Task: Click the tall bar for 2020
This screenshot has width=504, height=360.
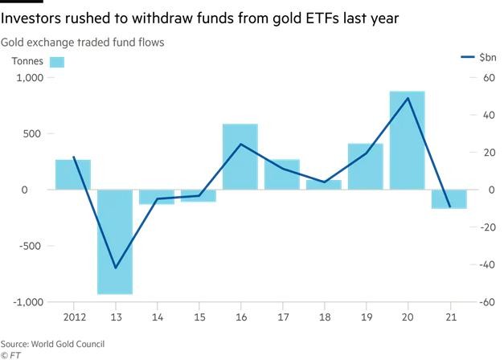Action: pos(407,141)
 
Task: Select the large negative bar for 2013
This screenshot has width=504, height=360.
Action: pos(114,241)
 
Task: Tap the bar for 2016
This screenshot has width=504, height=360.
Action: pos(240,157)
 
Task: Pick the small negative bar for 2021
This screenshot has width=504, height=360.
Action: pos(449,198)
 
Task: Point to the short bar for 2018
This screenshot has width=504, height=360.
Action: pos(323,185)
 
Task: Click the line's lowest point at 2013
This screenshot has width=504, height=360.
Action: pos(115,268)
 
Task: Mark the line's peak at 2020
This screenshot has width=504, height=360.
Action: pos(408,98)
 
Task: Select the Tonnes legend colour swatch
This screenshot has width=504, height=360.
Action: pos(57,61)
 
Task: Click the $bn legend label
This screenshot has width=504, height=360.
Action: pos(487,57)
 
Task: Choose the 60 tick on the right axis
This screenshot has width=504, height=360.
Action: pos(486,78)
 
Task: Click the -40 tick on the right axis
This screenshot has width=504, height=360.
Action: pos(485,264)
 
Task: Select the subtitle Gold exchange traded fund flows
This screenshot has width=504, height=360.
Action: pos(84,42)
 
